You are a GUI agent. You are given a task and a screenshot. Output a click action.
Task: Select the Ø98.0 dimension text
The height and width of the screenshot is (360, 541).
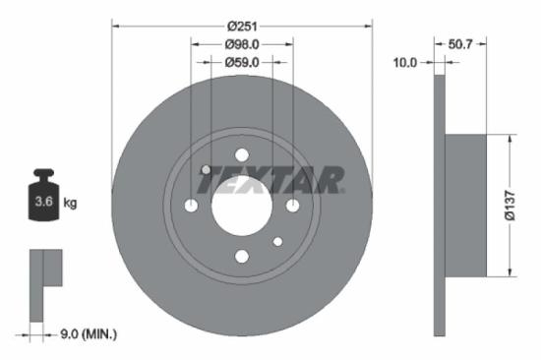pyautogui.click(x=242, y=44)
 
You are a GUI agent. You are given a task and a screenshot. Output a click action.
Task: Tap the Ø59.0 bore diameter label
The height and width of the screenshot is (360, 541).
pyautogui.click(x=242, y=62)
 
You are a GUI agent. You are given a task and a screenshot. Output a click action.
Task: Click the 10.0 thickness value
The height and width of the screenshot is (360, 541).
pyautogui.click(x=405, y=62)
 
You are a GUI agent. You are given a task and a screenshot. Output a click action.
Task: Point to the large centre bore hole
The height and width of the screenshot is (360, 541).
pyautogui.click(x=242, y=207)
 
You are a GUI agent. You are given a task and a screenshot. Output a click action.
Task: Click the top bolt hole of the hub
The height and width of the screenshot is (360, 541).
pyautogui.click(x=242, y=154)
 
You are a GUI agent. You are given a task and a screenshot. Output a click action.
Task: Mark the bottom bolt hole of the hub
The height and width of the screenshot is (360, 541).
pyautogui.click(x=242, y=257)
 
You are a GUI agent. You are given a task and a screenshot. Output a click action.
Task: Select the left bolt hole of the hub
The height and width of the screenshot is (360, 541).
pyautogui.click(x=191, y=206)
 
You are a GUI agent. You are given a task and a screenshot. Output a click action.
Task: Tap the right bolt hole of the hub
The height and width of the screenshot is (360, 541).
pyautogui.click(x=293, y=206)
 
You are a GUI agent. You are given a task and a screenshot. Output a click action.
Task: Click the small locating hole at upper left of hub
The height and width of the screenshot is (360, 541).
pyautogui.click(x=206, y=170)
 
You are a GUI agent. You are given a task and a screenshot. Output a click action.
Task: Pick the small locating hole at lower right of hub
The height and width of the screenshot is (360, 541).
pyautogui.click(x=278, y=241)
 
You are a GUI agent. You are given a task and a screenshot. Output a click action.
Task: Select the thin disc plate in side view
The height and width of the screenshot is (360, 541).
pyautogui.click(x=439, y=205)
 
